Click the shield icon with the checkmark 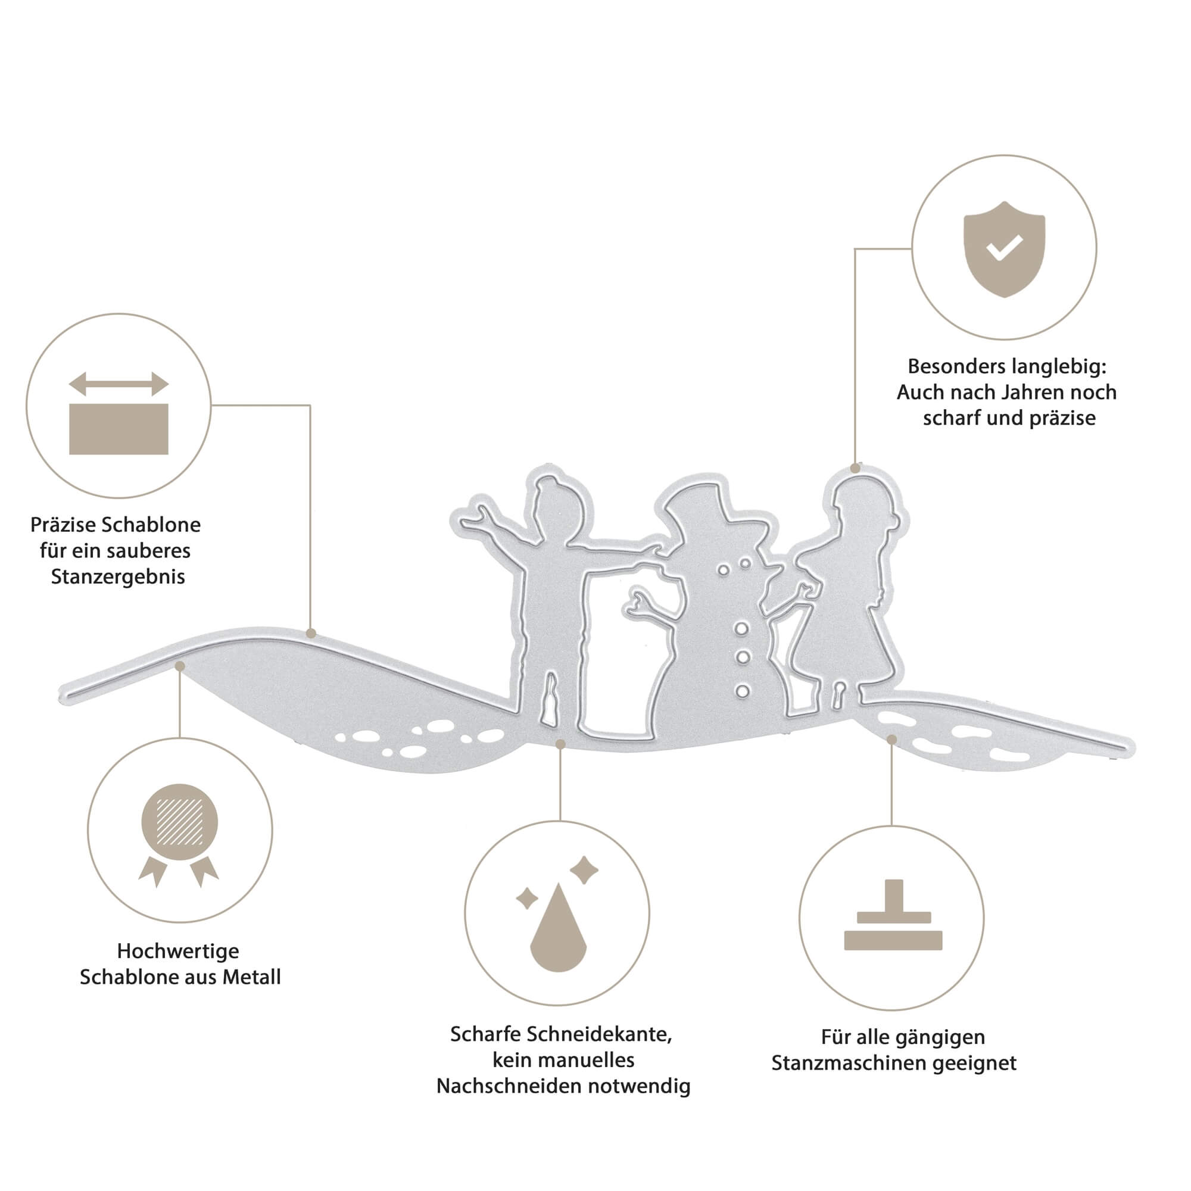[1004, 249]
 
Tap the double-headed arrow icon [119, 384]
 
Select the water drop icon [558, 927]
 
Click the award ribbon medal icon [179, 835]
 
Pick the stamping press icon [893, 915]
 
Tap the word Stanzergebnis [118, 577]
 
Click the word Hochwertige [178, 951]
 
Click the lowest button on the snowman [742, 691]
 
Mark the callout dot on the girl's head [855, 469]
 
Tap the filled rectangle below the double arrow [119, 429]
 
